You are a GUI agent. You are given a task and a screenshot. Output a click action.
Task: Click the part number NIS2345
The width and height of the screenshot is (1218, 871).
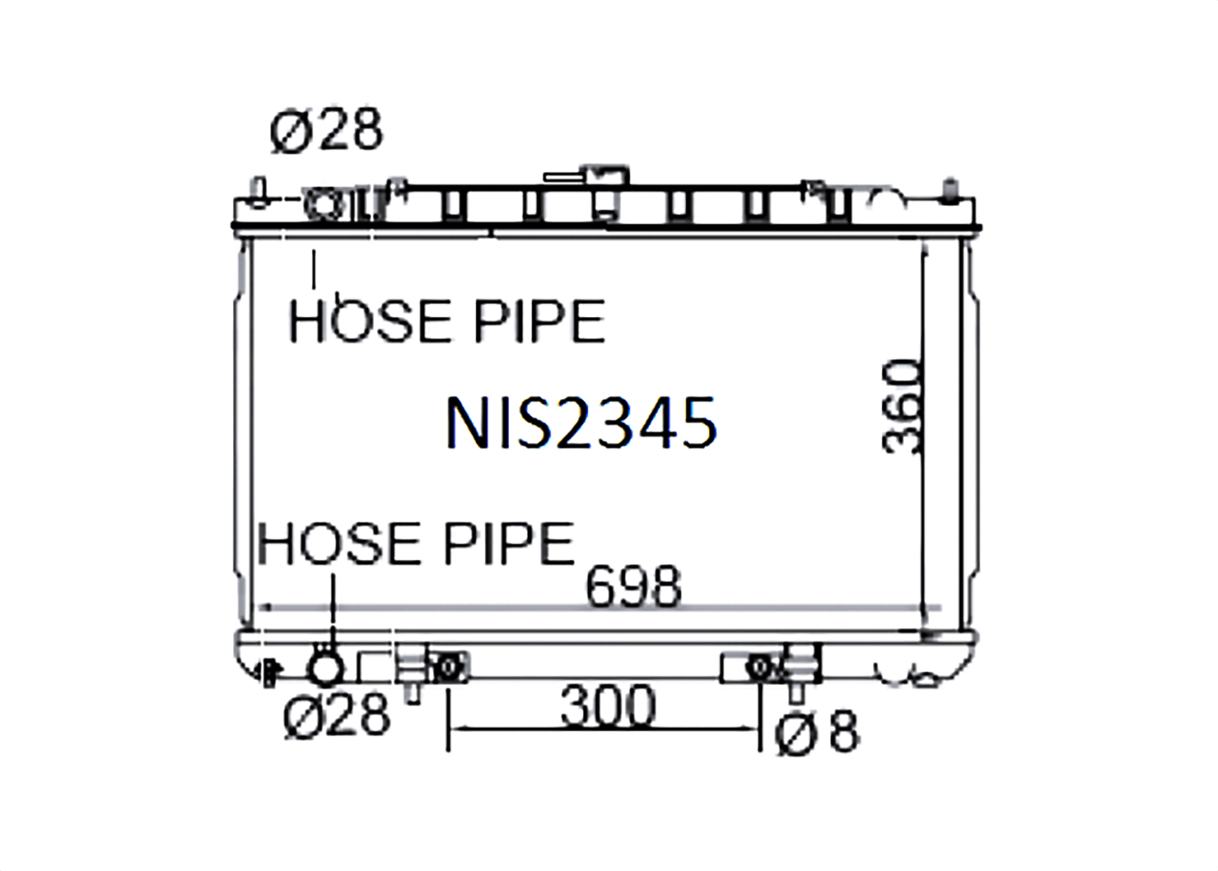(581, 422)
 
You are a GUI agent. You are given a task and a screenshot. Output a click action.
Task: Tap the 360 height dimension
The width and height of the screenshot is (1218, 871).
(901, 406)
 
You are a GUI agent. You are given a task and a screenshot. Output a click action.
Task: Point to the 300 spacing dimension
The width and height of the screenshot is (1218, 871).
(608, 706)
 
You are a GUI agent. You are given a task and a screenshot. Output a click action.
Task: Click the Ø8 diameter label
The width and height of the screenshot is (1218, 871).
(817, 732)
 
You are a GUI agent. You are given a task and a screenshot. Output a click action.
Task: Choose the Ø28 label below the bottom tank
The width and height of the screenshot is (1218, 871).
(337, 717)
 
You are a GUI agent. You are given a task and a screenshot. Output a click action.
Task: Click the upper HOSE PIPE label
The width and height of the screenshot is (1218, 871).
(447, 321)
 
